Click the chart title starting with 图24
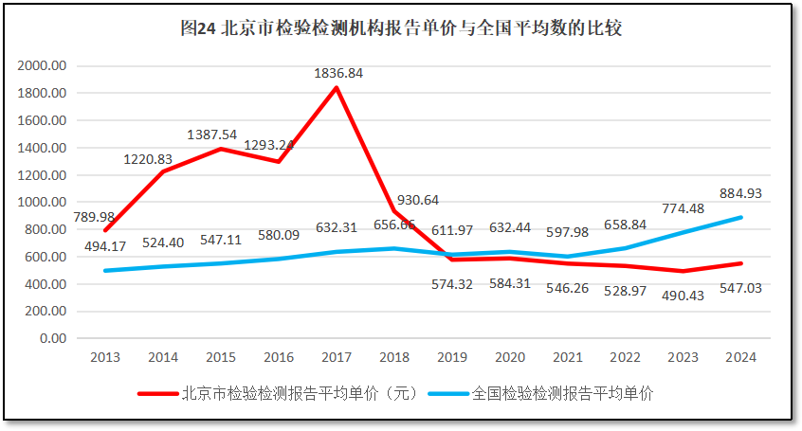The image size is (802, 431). click(x=401, y=28)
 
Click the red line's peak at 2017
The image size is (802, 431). click(x=337, y=88)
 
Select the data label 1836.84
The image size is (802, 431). click(x=338, y=72)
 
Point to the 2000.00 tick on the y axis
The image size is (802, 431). click(x=44, y=65)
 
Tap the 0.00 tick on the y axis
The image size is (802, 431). click(x=53, y=338)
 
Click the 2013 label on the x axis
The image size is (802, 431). click(x=104, y=357)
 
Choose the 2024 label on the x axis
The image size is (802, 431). click(x=739, y=357)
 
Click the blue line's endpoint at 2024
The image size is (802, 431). click(x=739, y=217)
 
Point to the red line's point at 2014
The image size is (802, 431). click(x=162, y=171)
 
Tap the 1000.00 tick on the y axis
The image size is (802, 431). click(x=44, y=202)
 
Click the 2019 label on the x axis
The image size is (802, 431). click(x=451, y=357)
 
